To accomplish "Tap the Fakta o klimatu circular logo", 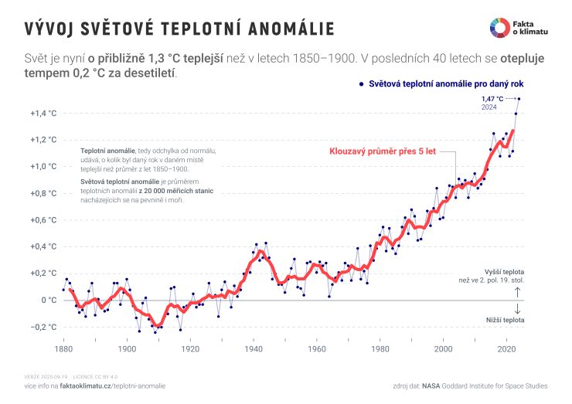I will pyautogui.click(x=499, y=27).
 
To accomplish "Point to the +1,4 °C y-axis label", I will pyautogui.click(x=44, y=114).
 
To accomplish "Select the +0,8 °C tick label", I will pyautogui.click(x=44, y=193).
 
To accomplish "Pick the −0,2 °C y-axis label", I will pyautogui.click(x=44, y=327).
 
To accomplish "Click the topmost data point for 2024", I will pyautogui.click(x=519, y=99).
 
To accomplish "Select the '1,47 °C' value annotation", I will pyautogui.click(x=492, y=99).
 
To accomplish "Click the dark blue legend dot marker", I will pyautogui.click(x=360, y=82).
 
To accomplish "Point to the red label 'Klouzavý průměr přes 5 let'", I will pyautogui.click(x=383, y=151).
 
